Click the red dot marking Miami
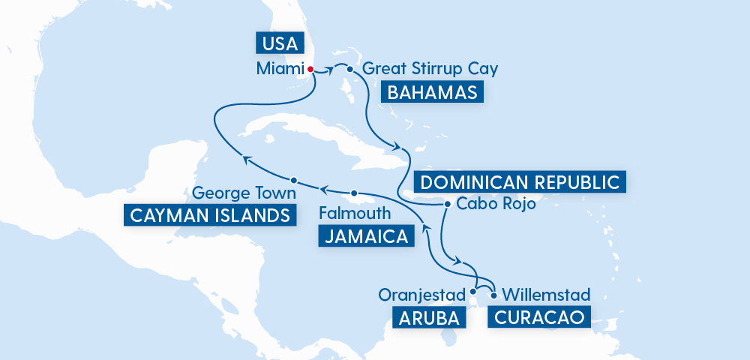[310, 68]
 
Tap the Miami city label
[278, 69]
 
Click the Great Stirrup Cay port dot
[350, 69]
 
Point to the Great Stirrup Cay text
[430, 69]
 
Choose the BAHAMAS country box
[431, 93]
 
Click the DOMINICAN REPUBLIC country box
[519, 181]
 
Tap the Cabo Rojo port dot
[447, 204]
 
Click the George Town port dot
[295, 181]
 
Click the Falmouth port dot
[355, 193]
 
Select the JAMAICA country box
[366, 237]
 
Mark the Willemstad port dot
[493, 295]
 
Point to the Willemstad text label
[545, 294]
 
